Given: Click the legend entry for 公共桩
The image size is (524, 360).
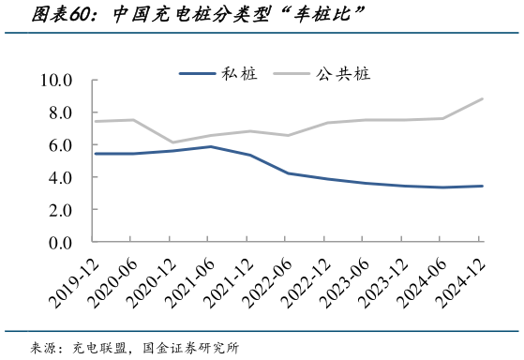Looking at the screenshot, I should coord(343,73).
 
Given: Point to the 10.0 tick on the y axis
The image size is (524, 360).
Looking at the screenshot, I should coord(56,81).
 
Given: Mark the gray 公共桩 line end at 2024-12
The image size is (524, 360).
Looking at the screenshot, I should coord(482,98).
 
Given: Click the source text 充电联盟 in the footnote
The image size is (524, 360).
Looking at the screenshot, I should coord(100,348).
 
